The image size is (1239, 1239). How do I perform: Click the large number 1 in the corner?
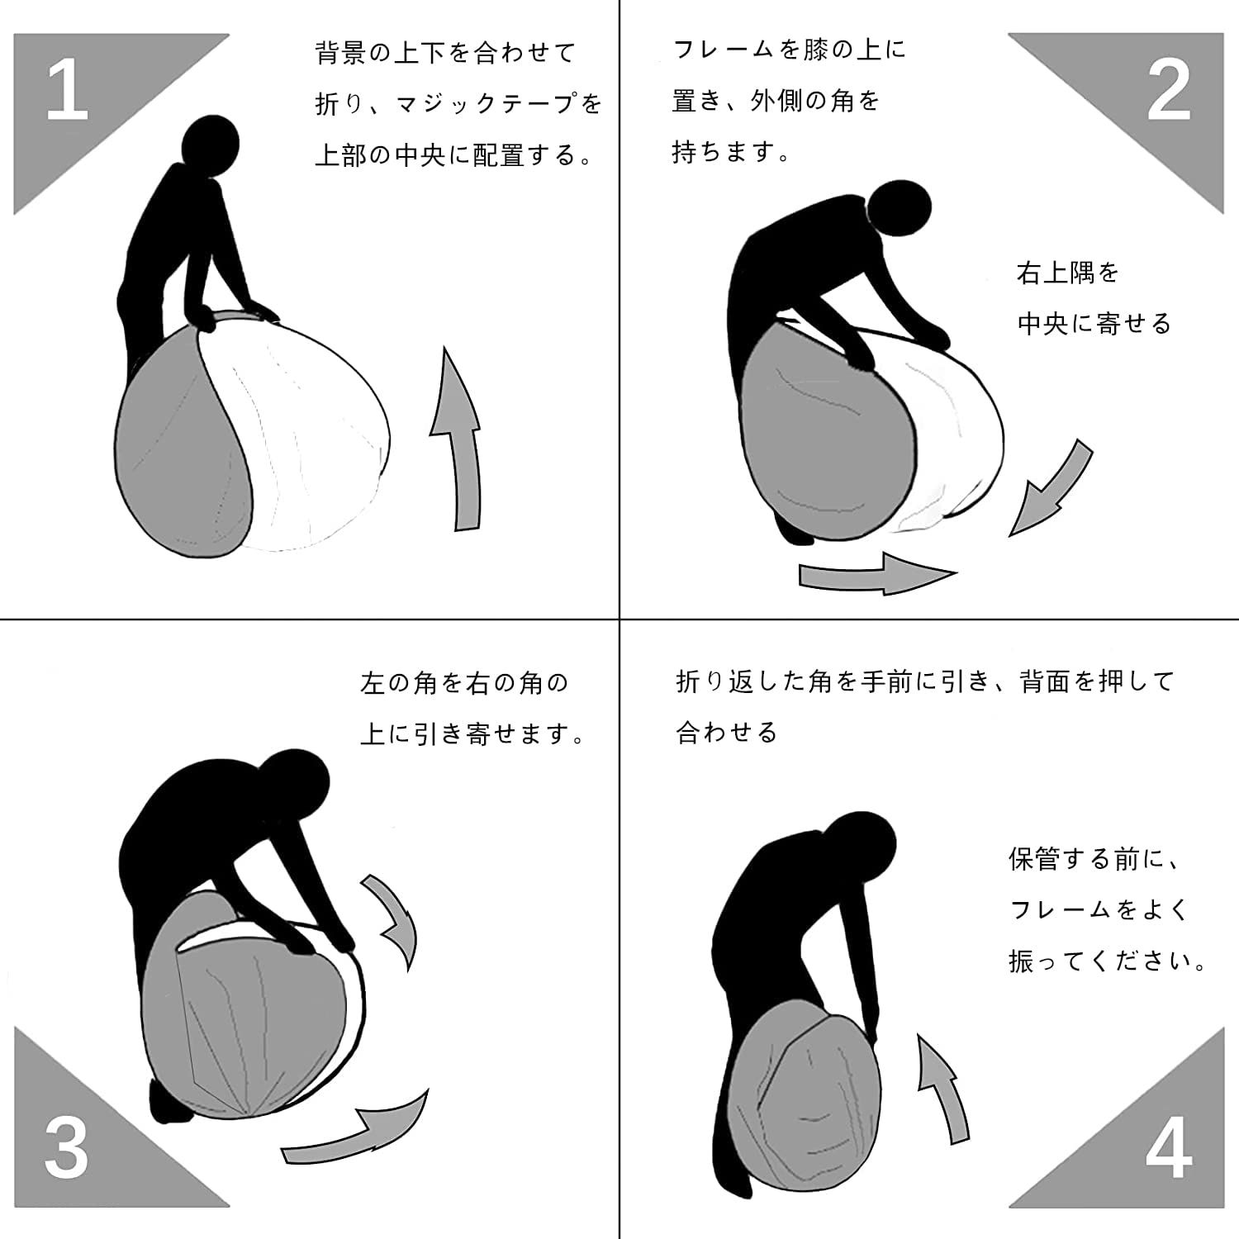[x=68, y=89]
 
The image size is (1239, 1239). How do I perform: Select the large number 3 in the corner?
[x=66, y=1147]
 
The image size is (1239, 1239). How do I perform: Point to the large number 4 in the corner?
[x=1169, y=1147]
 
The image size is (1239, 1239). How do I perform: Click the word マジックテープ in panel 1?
[x=488, y=104]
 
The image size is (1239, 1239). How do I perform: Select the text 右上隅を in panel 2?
[x=1068, y=273]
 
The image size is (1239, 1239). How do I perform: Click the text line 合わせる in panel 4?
[x=727, y=733]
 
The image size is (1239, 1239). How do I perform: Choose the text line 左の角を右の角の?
[x=465, y=683]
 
